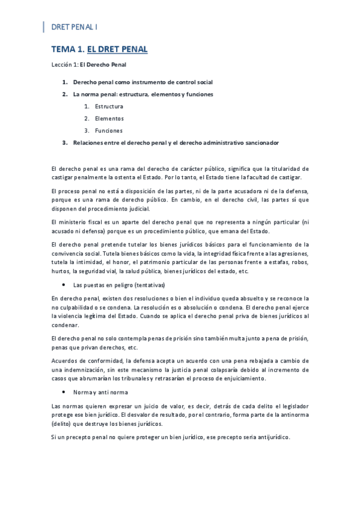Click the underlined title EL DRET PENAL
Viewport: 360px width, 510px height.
117,49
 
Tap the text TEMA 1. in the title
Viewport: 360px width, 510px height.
67,49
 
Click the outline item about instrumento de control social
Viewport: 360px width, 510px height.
142,82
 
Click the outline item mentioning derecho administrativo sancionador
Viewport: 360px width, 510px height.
175,143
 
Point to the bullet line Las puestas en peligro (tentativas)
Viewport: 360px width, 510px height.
118,284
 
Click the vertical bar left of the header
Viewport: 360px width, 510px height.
44,27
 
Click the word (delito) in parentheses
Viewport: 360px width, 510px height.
61,424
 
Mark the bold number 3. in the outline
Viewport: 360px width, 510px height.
65,143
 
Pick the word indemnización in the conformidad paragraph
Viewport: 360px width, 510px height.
85,369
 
